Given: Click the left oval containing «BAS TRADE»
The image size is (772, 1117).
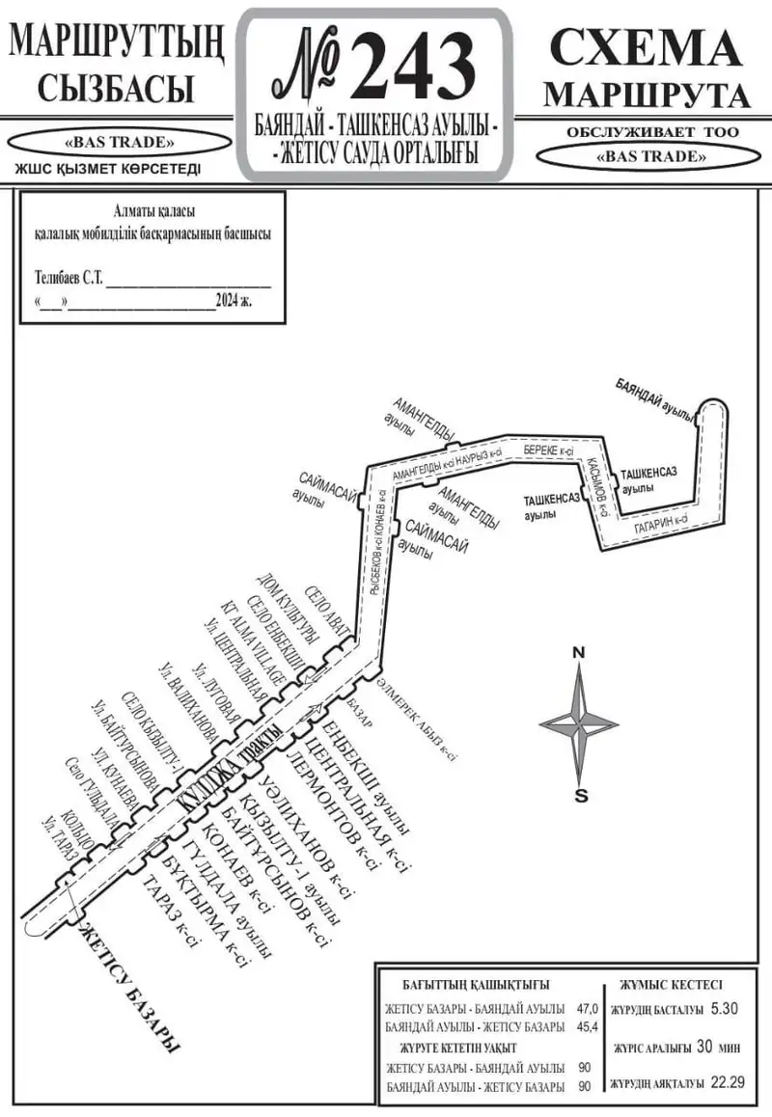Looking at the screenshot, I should click(x=119, y=143).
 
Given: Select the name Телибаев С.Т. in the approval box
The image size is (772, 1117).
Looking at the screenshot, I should click(x=68, y=278).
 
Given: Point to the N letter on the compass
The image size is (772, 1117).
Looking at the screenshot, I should click(x=579, y=653).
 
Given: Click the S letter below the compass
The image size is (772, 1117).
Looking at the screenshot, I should click(x=580, y=796).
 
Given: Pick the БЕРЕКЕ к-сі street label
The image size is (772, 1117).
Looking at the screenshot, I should click(x=549, y=450).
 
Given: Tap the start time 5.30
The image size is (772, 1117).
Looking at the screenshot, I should click(x=723, y=1009).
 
